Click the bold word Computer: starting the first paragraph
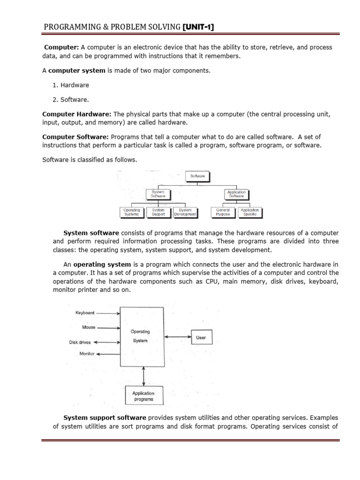tap(61, 48)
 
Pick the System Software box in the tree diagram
tap(158, 194)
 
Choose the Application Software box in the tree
tap(236, 194)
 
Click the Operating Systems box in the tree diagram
tap(132, 212)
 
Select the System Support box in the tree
tap(158, 212)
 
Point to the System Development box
tap(185, 212)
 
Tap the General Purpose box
tap(223, 212)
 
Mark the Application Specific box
tap(250, 212)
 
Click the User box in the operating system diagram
tap(201, 337)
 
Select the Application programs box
tap(143, 396)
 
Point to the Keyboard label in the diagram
tap(85, 313)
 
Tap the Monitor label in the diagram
tap(87, 354)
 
